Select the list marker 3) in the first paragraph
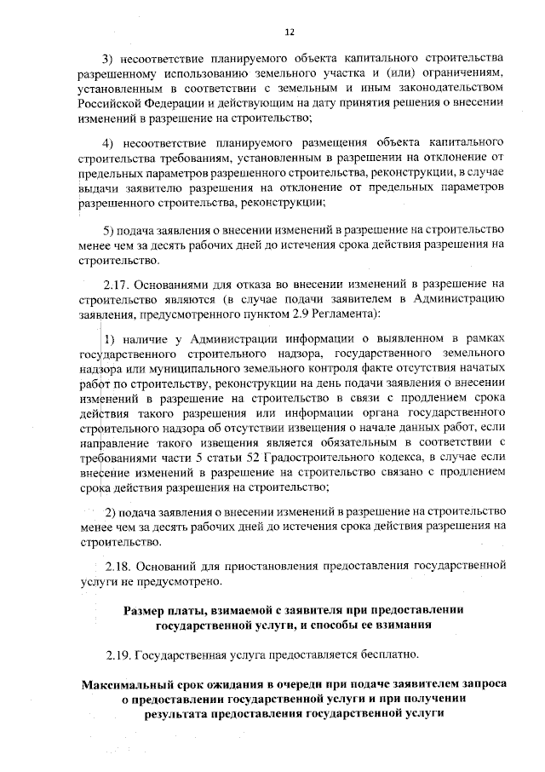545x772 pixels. [108, 59]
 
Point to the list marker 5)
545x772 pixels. [108, 231]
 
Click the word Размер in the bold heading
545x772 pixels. [146, 610]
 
